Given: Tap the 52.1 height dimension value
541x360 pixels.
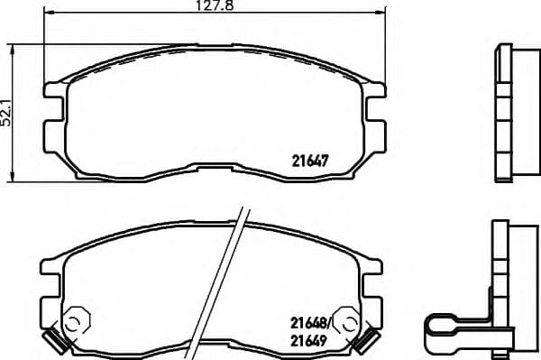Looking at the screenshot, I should (7, 107).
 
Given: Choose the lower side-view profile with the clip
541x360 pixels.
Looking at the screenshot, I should (510, 289).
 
